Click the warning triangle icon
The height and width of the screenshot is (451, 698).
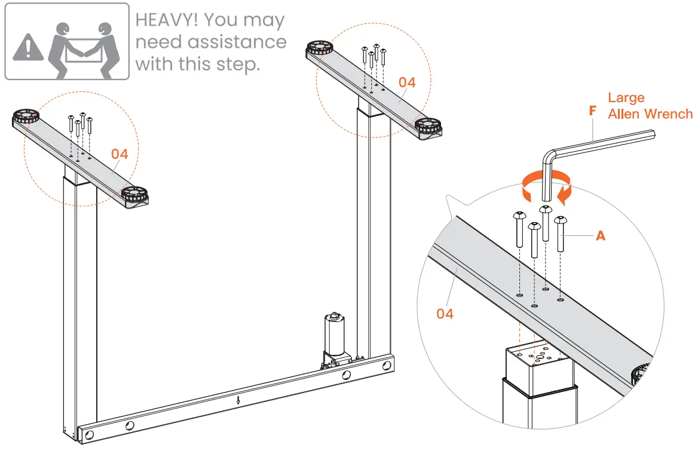(29, 47)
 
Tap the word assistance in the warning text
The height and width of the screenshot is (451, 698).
(237, 42)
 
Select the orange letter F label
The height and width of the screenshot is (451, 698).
(592, 111)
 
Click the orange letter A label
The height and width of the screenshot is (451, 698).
(601, 236)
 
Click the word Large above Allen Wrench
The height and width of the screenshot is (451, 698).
(626, 98)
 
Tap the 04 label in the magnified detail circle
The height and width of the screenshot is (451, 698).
(445, 314)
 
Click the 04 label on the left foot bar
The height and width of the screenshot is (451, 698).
(120, 154)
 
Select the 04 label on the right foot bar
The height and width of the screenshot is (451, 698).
(407, 82)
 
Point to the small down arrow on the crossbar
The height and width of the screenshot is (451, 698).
(238, 400)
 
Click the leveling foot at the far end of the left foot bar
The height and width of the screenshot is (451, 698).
(25, 116)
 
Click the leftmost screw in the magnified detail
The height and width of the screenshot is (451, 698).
(519, 229)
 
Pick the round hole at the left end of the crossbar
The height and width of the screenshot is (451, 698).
(89, 434)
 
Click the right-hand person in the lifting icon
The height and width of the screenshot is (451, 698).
(103, 50)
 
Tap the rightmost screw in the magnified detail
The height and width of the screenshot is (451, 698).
(560, 234)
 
